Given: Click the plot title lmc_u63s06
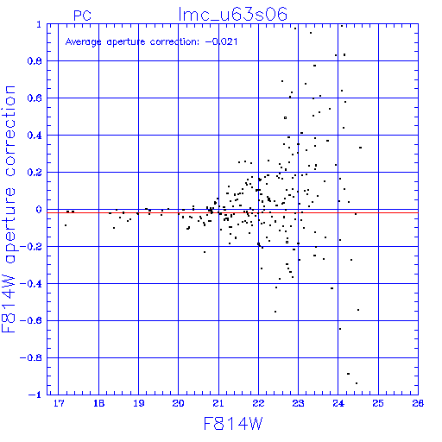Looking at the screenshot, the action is pyautogui.click(x=232, y=14).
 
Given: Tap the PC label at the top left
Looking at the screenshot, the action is pyautogui.click(x=82, y=16).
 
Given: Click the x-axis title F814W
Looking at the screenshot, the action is pyautogui.click(x=233, y=424).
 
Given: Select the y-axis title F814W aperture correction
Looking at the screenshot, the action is pyautogui.click(x=9, y=209).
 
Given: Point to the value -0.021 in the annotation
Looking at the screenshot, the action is pyautogui.click(x=221, y=41).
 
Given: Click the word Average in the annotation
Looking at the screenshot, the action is pyautogui.click(x=83, y=42).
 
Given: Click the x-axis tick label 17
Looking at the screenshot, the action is pyautogui.click(x=59, y=403).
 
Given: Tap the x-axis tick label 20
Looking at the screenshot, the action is pyautogui.click(x=178, y=403).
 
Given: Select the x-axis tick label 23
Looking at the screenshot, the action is pyautogui.click(x=298, y=403).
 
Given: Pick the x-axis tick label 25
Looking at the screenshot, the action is pyautogui.click(x=378, y=403).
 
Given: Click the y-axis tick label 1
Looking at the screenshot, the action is pyautogui.click(x=39, y=24).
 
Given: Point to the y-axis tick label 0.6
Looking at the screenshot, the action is pyautogui.click(x=35, y=98).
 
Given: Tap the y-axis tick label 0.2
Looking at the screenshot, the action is pyautogui.click(x=35, y=173).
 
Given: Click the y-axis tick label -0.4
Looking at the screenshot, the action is pyautogui.click(x=31, y=284).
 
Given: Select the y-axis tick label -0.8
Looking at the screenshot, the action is pyautogui.click(x=31, y=358).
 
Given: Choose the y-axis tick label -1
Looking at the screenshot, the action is pyautogui.click(x=35, y=395).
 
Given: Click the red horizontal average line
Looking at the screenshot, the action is pyautogui.click(x=232, y=212).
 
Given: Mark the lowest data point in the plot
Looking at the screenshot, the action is pyautogui.click(x=357, y=383).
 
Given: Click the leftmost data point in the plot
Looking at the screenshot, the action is pyautogui.click(x=66, y=225).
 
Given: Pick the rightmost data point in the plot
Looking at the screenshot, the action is pyautogui.click(x=360, y=148).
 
